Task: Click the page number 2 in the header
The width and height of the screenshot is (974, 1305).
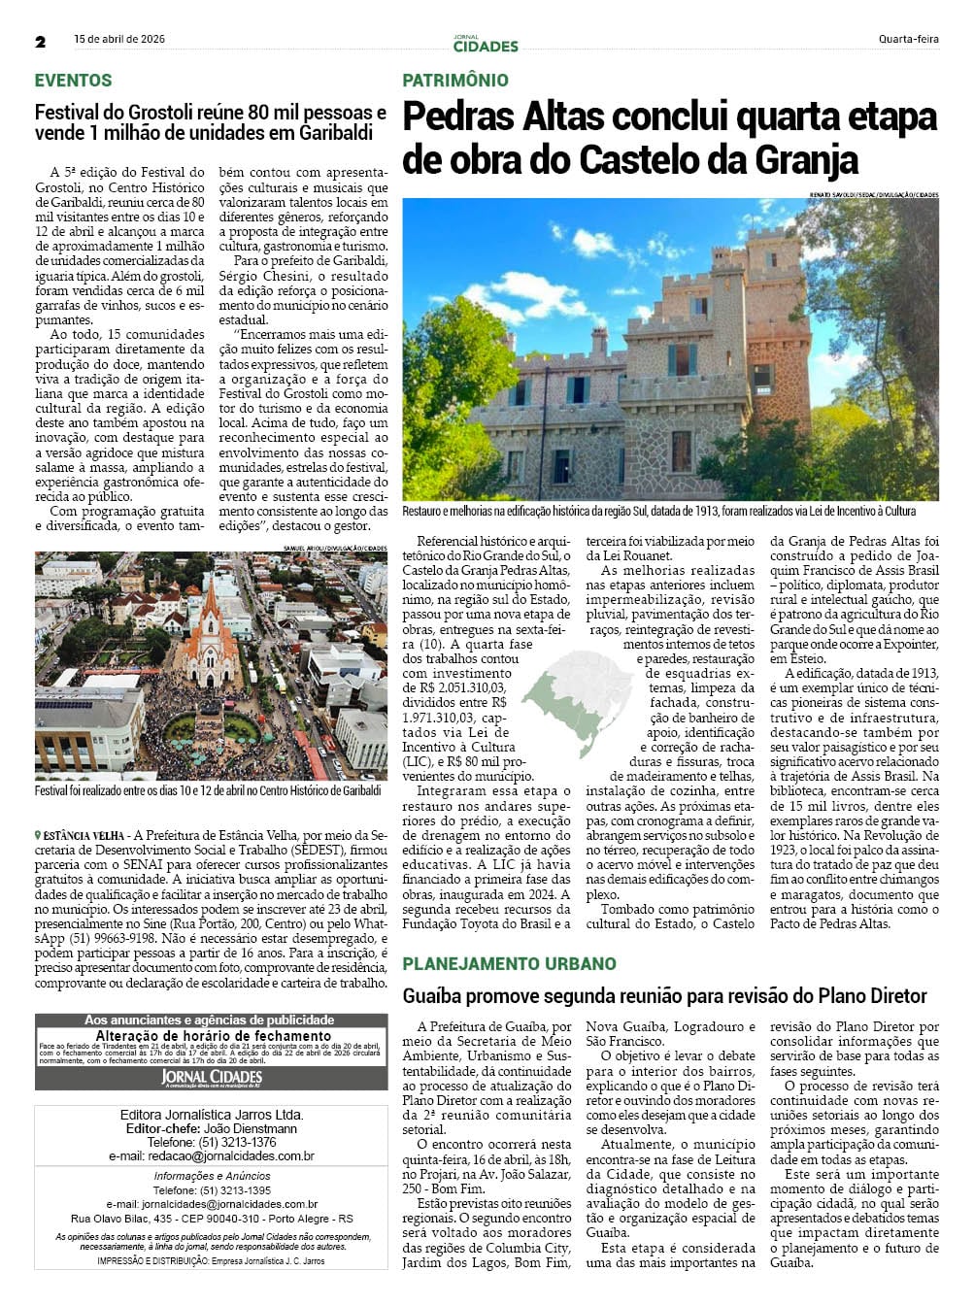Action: (41, 42)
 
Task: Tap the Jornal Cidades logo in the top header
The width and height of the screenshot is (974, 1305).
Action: (486, 44)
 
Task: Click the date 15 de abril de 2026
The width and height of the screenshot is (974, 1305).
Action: (119, 39)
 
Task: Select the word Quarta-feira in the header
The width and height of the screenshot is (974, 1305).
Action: (908, 40)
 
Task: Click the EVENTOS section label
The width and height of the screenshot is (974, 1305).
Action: (74, 81)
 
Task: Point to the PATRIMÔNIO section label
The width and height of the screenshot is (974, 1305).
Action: (455, 81)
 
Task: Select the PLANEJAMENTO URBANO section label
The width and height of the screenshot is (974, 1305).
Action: (509, 963)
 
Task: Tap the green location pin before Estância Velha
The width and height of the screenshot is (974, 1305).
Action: (38, 836)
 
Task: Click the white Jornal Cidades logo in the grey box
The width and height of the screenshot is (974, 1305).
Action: (211, 1078)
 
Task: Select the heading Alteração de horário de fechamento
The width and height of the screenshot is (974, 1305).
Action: (213, 1035)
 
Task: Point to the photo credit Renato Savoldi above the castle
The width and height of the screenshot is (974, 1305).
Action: (835, 195)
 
